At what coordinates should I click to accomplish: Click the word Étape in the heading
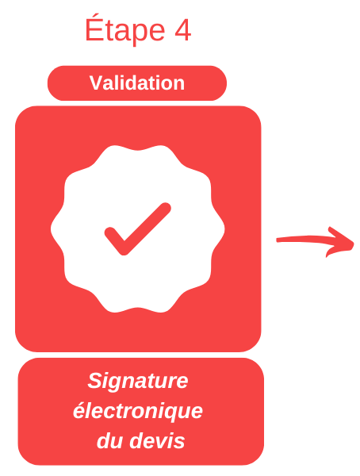click(125, 29)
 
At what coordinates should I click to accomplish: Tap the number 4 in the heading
click(182, 30)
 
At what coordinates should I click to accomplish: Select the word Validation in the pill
click(137, 83)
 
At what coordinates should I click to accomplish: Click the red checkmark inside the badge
click(137, 228)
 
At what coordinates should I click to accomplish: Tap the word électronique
click(137, 412)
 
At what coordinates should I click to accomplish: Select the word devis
click(157, 441)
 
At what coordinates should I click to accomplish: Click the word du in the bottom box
click(110, 441)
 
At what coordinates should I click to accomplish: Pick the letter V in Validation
click(96, 83)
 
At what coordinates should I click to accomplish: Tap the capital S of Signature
click(94, 380)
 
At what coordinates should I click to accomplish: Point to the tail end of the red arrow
click(277, 240)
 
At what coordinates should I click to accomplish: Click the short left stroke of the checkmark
click(115, 241)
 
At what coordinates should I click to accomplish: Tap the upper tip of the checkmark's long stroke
click(166, 208)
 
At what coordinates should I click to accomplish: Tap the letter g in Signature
click(116, 384)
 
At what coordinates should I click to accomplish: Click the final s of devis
click(179, 443)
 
